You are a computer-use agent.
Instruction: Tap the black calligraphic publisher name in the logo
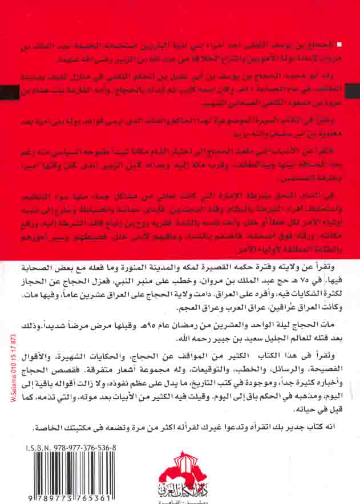[181, 489]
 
